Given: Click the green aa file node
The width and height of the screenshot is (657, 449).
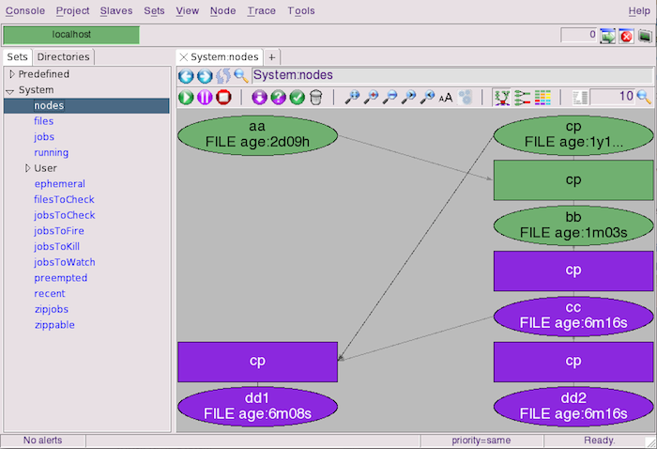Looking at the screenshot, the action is tap(257, 135).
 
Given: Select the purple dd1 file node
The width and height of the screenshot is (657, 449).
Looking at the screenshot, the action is tap(257, 406).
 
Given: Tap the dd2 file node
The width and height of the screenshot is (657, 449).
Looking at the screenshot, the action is tap(573, 406).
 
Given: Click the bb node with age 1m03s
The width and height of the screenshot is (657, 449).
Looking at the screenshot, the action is tap(573, 225).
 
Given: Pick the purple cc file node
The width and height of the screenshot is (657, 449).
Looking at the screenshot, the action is tap(573, 316).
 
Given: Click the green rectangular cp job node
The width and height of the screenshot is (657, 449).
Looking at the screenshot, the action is tap(573, 179).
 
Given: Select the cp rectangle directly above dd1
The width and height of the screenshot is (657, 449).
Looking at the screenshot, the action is tap(257, 362).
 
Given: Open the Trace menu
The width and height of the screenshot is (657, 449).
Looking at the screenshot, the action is tap(262, 11).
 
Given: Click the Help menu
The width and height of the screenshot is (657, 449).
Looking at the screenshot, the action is tap(639, 11).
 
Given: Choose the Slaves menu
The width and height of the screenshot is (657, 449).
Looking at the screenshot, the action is tap(116, 11).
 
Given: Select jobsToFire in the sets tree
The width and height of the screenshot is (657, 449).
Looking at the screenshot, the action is tap(59, 231).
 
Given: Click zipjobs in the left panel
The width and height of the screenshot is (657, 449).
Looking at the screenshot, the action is tap(52, 309).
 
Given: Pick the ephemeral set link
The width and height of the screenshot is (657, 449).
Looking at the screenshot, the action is tap(59, 184).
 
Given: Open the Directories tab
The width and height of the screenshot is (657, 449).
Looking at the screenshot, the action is tap(63, 57).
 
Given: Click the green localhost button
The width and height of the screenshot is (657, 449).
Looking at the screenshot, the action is tap(71, 35).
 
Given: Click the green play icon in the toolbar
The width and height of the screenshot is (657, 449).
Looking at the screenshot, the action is tap(186, 98).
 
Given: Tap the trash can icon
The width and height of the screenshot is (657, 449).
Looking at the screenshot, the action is tap(316, 98).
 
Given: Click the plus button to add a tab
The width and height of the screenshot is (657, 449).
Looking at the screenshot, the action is tap(272, 57).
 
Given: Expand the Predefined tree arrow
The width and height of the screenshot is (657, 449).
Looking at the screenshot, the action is tap(11, 74).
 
